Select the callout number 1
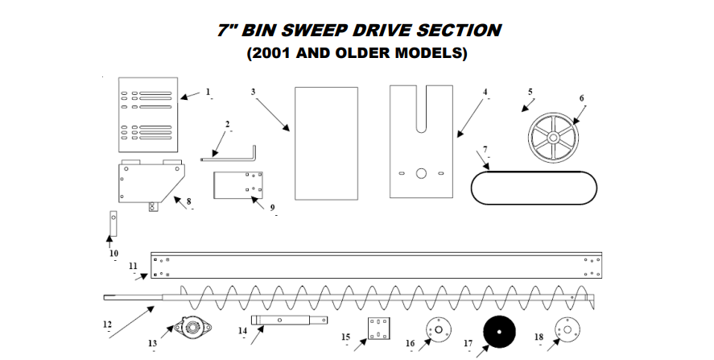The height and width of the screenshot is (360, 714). pos(208,92)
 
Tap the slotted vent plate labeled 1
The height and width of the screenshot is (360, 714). pos(149,114)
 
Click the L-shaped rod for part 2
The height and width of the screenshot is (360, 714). pos(233,155)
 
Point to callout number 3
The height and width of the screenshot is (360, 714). pos(253,92)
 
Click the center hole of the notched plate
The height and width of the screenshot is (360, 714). pos(421,173)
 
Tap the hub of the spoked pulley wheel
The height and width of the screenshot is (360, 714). pos(555,135)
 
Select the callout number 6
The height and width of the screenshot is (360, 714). pos(581,98)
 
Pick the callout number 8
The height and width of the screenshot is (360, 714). pos(188,201)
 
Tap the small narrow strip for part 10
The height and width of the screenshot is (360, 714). pos(113,223)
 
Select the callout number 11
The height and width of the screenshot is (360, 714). pos(133,265)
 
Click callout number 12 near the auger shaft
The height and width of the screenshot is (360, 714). pos(107,325)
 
